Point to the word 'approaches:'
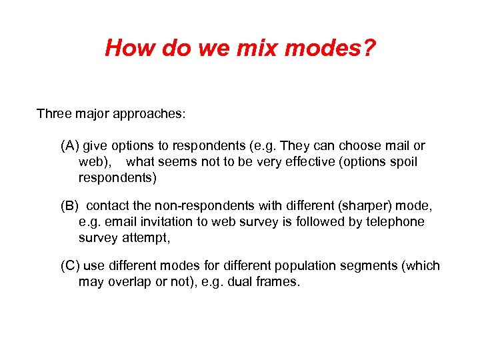tap(151, 113)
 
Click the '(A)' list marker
tap(69, 146)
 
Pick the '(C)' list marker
tap(70, 266)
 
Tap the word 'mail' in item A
tap(397, 146)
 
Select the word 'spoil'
tap(402, 162)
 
